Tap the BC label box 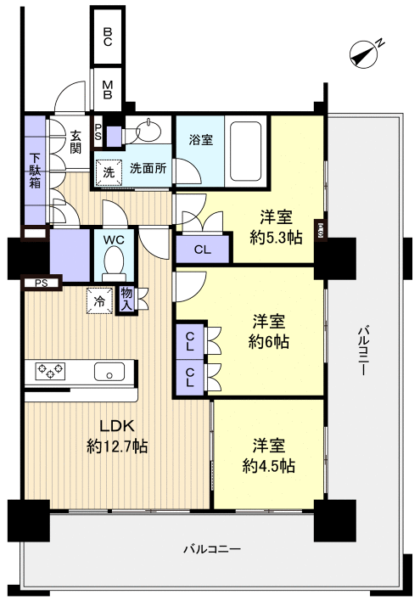(108, 36)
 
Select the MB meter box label (108, 90)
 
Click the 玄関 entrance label (76, 142)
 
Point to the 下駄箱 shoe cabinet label (35, 171)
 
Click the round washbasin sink (148, 131)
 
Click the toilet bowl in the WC (114, 264)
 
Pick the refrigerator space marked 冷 (100, 301)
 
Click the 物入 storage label (126, 300)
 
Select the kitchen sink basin (109, 372)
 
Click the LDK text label (117, 426)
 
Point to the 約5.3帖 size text (277, 238)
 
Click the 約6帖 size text (269, 342)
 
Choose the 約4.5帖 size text (269, 466)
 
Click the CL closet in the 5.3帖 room (203, 250)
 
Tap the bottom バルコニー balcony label (212, 549)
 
